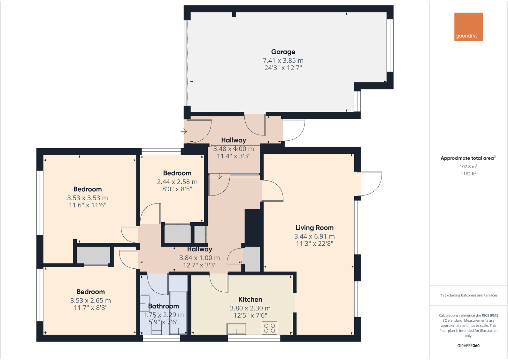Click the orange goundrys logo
click(x=468, y=27)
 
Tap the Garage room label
click(x=283, y=52)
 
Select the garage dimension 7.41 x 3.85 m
click(x=283, y=60)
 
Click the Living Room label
click(x=314, y=228)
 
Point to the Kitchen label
click(x=250, y=300)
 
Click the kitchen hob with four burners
click(x=269, y=328)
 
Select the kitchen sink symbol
click(x=236, y=329)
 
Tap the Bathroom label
click(x=164, y=306)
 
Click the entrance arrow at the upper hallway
click(x=184, y=131)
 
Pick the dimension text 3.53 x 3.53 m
click(x=88, y=198)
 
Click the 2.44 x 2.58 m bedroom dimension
click(x=177, y=182)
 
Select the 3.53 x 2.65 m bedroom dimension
click(x=90, y=301)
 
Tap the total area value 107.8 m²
click(x=468, y=167)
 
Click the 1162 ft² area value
click(x=468, y=174)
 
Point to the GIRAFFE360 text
click(x=468, y=346)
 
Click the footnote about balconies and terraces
click(x=468, y=295)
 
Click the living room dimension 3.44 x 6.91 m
click(x=314, y=236)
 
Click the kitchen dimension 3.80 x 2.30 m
click(x=250, y=308)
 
